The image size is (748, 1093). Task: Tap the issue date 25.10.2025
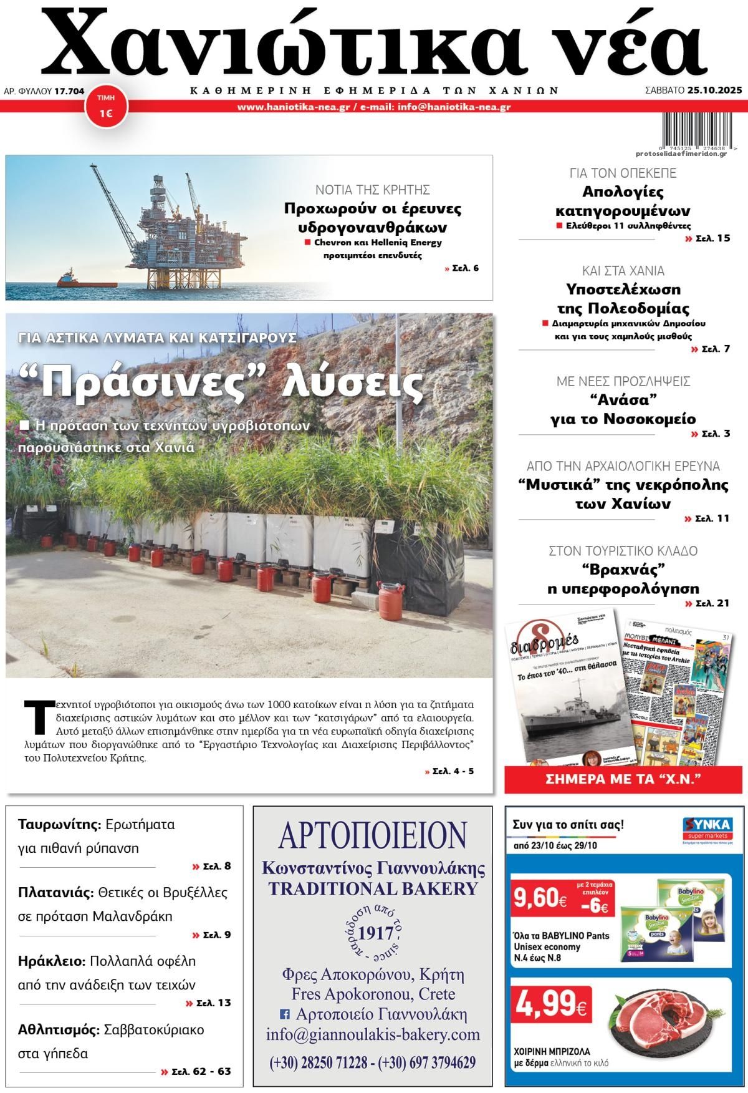(715, 90)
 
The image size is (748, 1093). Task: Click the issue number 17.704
(69, 91)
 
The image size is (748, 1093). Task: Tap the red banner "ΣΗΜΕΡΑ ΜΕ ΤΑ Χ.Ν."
(623, 779)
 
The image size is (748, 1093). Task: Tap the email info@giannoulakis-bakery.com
(373, 1034)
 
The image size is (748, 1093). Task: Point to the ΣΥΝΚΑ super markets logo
(706, 830)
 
